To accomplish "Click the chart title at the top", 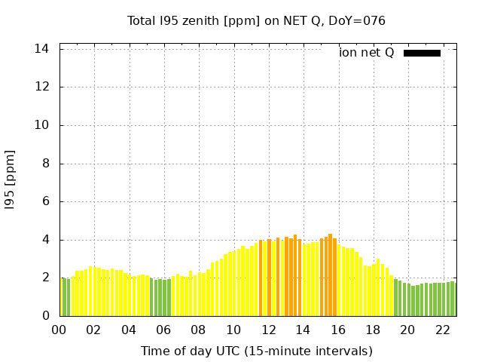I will coord(256,21).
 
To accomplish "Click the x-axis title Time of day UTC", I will coord(256,351).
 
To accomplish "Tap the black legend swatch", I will coord(422,53).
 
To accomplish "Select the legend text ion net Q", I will coord(367,53).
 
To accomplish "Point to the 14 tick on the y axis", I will coord(42,49).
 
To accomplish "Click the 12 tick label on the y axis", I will coord(42,87).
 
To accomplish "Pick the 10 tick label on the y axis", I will coord(42,125).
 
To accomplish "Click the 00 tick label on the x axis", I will coord(59,330).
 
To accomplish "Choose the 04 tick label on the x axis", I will coord(129,330).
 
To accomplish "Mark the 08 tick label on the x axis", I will coord(198,330).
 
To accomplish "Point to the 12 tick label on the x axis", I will coord(268,330).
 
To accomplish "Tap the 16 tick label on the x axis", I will coord(338,330).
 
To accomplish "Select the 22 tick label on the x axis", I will coord(442,330).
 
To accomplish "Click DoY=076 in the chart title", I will coord(357,21).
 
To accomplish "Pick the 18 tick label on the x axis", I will coord(373,330).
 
